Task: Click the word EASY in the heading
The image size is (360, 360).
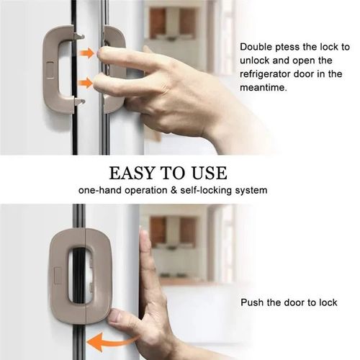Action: pos(132,174)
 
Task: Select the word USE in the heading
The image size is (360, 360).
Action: pos(208,174)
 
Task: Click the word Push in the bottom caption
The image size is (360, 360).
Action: pos(252,302)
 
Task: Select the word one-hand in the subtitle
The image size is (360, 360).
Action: pos(100,191)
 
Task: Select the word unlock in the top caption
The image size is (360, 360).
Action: pos(256,60)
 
